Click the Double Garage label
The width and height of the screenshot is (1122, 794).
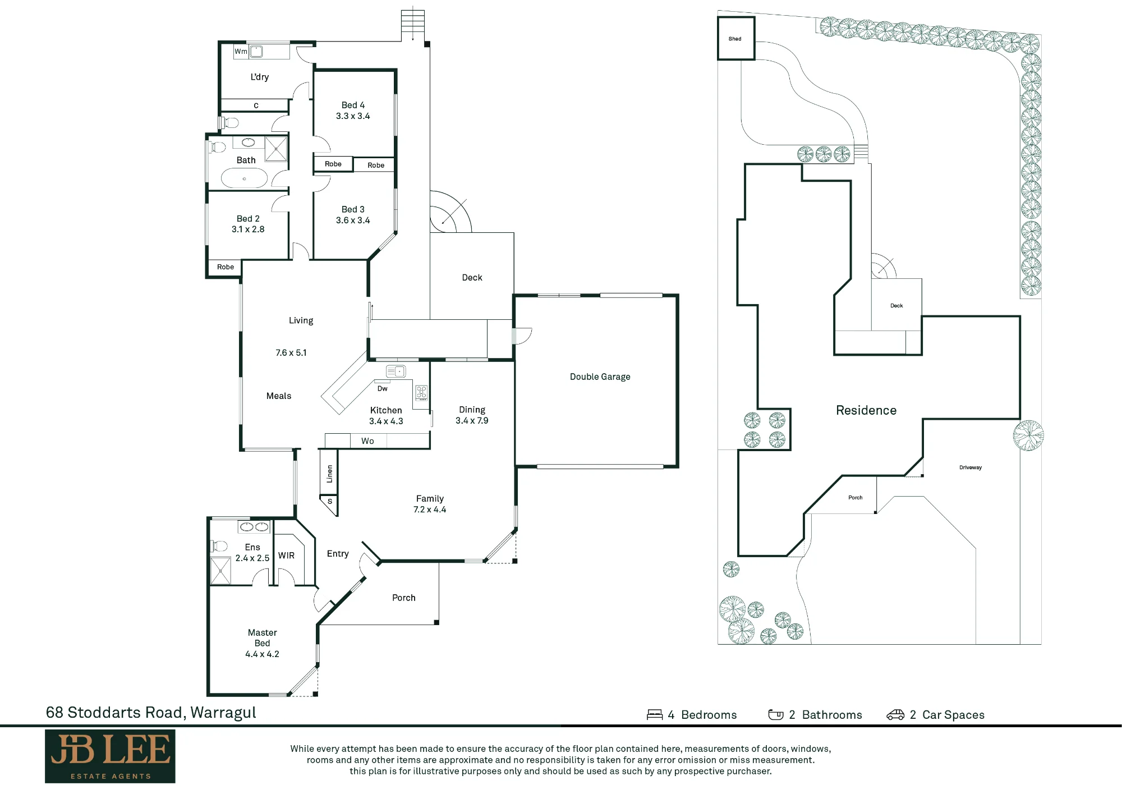600,377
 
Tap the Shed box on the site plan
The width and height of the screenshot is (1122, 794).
736,38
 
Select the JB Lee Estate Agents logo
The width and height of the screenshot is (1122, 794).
110,756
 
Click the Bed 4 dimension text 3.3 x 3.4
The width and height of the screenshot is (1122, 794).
353,116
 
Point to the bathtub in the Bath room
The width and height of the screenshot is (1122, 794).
244,178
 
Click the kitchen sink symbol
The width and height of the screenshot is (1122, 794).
396,371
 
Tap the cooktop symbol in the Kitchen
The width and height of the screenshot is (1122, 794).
421,392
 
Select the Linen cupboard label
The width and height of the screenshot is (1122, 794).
329,474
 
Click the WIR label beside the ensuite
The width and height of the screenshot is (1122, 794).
286,556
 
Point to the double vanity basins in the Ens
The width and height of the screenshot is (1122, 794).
254,527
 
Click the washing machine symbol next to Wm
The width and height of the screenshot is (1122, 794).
256,52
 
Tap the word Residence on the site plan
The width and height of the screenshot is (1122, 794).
866,410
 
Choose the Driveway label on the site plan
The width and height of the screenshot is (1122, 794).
971,467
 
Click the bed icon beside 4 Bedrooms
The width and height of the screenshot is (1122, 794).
655,714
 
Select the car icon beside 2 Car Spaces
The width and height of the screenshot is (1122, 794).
895,714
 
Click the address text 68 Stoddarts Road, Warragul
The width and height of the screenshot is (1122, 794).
151,713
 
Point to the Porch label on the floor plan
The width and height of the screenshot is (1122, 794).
404,598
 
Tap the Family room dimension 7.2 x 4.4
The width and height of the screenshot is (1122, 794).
430,510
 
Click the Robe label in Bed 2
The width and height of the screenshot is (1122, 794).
226,267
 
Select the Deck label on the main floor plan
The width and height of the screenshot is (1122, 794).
472,277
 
